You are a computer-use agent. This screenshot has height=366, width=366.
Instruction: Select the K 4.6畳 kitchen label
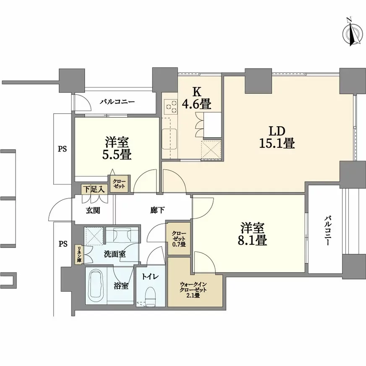pyautogui.click(x=196, y=98)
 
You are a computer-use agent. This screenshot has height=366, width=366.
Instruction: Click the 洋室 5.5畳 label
pyautogui.click(x=117, y=149)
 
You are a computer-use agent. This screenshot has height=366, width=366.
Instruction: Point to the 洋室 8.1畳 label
pyautogui.click(x=253, y=235)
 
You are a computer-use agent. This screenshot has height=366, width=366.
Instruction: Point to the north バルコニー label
pyautogui.click(x=117, y=102)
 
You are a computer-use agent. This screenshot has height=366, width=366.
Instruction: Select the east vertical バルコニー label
pyautogui.click(x=328, y=231)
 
